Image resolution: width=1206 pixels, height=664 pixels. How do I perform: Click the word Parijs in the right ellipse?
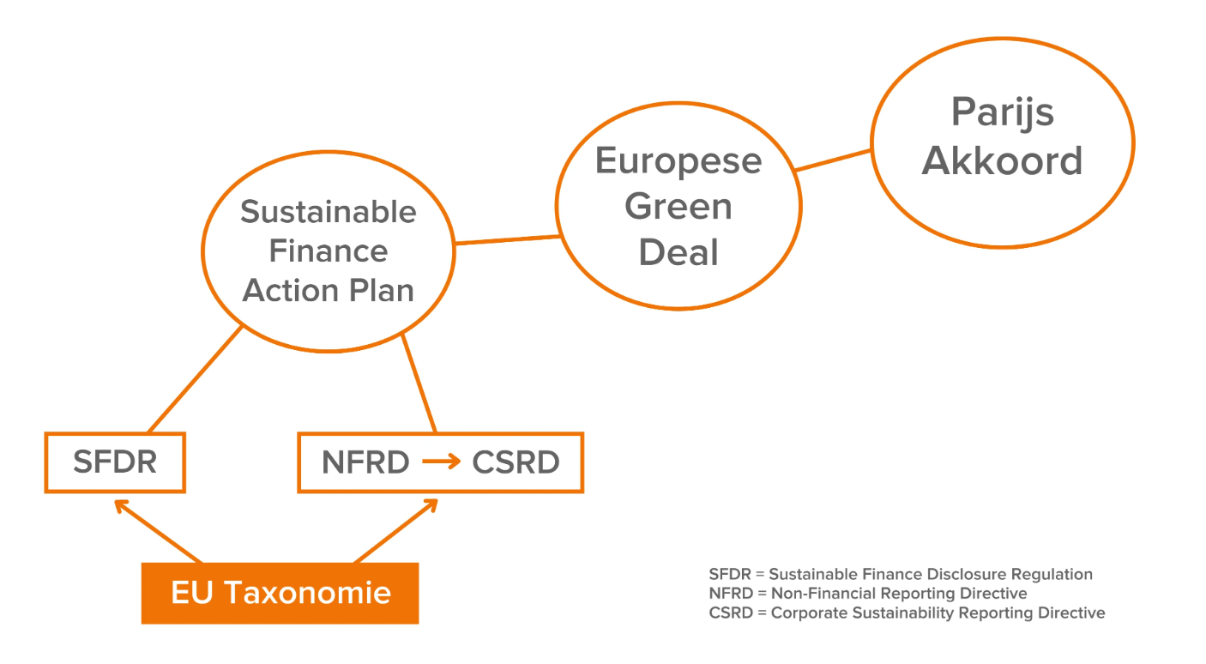[1002, 112]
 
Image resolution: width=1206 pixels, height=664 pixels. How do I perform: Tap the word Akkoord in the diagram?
[1002, 161]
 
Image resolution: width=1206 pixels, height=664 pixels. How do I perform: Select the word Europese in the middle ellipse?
[678, 161]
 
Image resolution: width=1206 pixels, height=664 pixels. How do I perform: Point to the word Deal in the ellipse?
[678, 252]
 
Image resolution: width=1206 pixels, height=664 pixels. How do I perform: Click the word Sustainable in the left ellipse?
[329, 212]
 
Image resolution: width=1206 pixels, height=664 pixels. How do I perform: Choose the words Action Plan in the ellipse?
[329, 291]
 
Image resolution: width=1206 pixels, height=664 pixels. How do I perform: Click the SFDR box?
[115, 462]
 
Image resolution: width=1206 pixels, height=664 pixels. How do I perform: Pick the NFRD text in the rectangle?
[365, 462]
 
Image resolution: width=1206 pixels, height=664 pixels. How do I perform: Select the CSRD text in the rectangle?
[516, 462]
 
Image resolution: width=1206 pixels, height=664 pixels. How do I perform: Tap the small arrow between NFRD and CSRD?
[441, 462]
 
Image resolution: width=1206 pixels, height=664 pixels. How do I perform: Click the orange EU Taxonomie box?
[280, 593]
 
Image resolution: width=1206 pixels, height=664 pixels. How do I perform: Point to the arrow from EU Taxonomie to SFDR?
[159, 532]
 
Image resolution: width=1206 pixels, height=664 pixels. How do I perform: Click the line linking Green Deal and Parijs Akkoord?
[833, 160]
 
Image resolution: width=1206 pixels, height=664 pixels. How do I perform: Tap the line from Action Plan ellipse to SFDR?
[195, 379]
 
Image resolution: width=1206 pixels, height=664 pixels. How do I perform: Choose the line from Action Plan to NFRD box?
[419, 383]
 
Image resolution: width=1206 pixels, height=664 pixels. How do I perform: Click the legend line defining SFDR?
[901, 575]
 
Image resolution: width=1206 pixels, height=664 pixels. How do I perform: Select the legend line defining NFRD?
[868, 594]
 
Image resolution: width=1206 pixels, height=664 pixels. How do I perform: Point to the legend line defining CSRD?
[907, 613]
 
